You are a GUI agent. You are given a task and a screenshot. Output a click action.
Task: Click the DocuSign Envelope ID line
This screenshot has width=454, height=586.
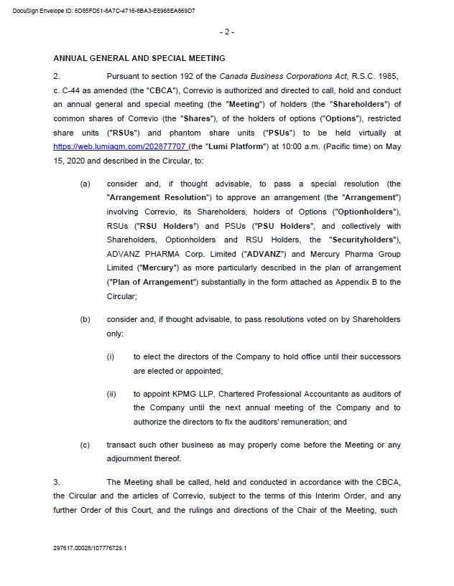pos(103,11)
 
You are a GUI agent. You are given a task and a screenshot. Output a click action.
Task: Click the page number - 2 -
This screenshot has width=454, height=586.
pos(226,32)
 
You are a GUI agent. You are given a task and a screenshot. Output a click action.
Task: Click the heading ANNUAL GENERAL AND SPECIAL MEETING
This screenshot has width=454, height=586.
pos(139,58)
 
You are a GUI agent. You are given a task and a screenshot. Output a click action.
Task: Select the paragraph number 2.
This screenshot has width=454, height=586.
pos(57,75)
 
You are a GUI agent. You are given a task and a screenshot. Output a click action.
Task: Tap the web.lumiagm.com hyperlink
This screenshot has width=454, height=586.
pos(119,146)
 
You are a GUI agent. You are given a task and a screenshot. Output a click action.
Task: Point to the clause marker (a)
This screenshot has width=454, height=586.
pos(85,184)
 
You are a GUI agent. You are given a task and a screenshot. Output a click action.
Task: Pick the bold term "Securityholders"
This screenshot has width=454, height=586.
pos(364,240)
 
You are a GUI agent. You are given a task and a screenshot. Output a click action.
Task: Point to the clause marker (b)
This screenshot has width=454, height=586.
pos(85,319)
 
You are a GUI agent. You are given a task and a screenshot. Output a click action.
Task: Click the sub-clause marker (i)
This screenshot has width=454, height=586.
pos(111,356)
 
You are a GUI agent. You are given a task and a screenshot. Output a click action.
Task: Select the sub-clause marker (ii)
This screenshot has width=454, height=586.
pos(111,394)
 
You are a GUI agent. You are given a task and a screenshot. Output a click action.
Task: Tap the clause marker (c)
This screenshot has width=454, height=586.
pos(85,445)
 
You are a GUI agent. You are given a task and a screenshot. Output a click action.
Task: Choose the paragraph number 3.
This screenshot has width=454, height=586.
pos(57,481)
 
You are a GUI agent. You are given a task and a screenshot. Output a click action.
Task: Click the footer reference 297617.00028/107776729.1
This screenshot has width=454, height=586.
pos(90,547)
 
